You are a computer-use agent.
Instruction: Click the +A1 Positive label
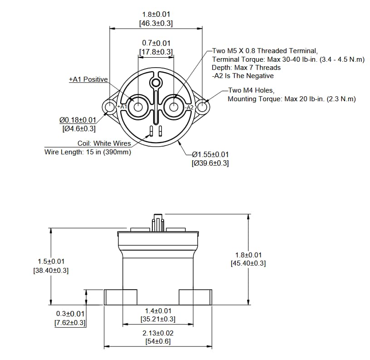coord(88,79)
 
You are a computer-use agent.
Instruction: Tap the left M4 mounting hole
coord(110,107)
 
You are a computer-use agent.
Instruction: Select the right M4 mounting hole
coord(203,107)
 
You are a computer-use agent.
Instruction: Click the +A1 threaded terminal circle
coord(138,107)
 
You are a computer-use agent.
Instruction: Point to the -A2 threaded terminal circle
coord(174,107)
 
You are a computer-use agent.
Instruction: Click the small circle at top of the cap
coord(156,83)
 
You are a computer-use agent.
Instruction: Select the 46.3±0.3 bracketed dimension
coord(156,23)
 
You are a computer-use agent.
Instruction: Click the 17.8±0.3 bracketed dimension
coord(156,52)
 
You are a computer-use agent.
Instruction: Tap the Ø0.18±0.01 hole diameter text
coord(78,120)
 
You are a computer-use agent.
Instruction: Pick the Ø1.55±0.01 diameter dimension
coord(210,154)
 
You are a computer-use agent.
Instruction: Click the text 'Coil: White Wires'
coord(104,143)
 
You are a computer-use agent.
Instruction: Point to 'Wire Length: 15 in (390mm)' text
coord(88,152)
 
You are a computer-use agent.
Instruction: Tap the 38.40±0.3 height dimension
coord(51,270)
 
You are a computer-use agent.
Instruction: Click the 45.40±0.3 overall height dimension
coord(248,263)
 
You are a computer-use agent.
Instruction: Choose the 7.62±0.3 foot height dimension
coord(70,323)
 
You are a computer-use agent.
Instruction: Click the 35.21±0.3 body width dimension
coord(158,319)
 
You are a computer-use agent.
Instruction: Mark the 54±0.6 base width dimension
coord(158,341)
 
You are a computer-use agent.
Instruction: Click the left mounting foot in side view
coord(121,297)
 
